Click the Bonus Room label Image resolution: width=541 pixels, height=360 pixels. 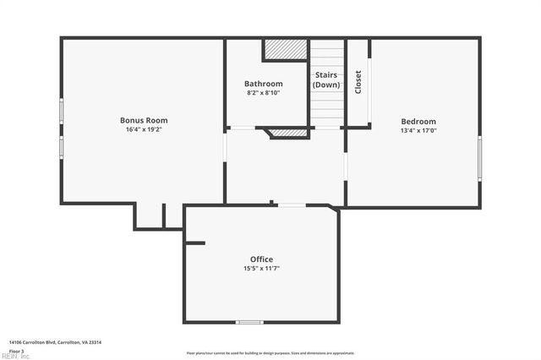pyautogui.click(x=144, y=120)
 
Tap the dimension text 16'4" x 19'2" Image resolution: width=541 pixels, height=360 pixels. pyautogui.click(x=144, y=129)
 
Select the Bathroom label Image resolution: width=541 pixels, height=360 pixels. pyautogui.click(x=263, y=84)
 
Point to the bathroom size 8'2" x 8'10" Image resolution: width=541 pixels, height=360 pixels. pyautogui.click(x=263, y=93)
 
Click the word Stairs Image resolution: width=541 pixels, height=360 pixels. pyautogui.click(x=326, y=75)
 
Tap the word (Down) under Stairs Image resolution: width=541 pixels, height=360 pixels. pyautogui.click(x=326, y=85)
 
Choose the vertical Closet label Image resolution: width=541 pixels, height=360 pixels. pyautogui.click(x=358, y=82)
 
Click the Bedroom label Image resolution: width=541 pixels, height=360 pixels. pyautogui.click(x=418, y=121)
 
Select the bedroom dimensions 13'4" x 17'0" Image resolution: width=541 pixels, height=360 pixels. pyautogui.click(x=418, y=130)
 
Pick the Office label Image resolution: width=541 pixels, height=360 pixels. pyautogui.click(x=261, y=259)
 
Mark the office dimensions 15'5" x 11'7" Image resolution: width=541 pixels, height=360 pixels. pyautogui.click(x=261, y=268)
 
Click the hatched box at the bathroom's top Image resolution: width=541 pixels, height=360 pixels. pyautogui.click(x=285, y=50)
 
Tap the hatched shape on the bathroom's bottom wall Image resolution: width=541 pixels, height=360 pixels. pyautogui.click(x=287, y=133)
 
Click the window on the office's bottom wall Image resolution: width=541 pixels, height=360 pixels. pyautogui.click(x=249, y=322)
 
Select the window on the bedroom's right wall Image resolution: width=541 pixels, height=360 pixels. pyautogui.click(x=479, y=158)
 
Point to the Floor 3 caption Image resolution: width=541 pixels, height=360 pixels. pyautogui.click(x=17, y=350)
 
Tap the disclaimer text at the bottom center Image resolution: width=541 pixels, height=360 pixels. pyautogui.click(x=270, y=353)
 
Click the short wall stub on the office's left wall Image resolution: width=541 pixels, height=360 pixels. pyautogui.click(x=194, y=243)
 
